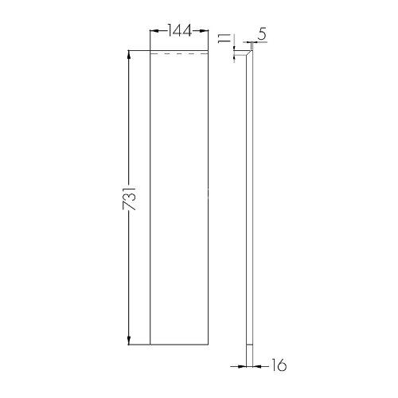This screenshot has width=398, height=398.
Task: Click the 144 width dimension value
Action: [x=181, y=32]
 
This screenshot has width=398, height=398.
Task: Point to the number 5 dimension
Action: [x=262, y=35]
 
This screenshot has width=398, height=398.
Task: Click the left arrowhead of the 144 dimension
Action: [x=154, y=32]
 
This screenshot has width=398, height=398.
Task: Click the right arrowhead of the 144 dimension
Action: [x=207, y=32]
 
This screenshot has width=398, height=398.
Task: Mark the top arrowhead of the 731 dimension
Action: [x=129, y=55]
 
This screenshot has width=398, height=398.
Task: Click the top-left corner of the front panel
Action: [x=151, y=52]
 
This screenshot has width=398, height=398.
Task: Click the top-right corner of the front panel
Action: [x=209, y=52]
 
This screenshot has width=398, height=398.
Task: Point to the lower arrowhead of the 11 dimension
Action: [x=234, y=57]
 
